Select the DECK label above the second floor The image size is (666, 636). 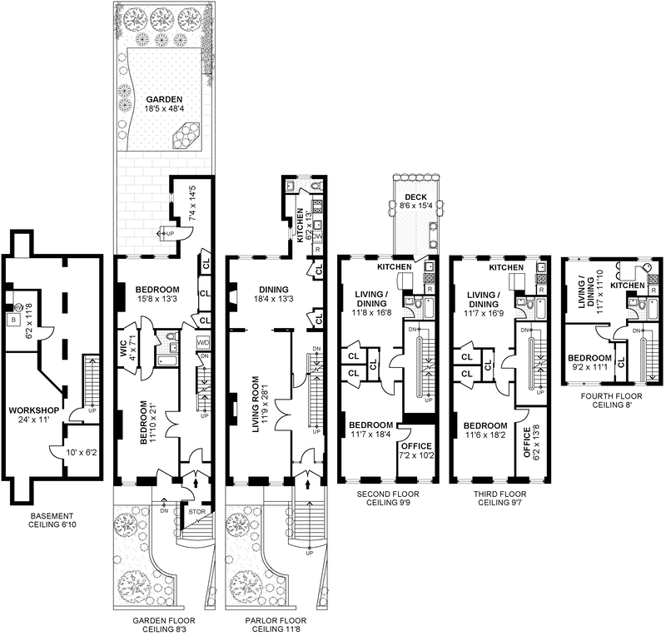(x=416, y=196)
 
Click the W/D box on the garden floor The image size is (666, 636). (x=202, y=342)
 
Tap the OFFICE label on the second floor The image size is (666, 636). (x=416, y=424)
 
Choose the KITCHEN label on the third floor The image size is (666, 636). (x=506, y=267)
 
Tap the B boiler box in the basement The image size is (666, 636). (x=12, y=319)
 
